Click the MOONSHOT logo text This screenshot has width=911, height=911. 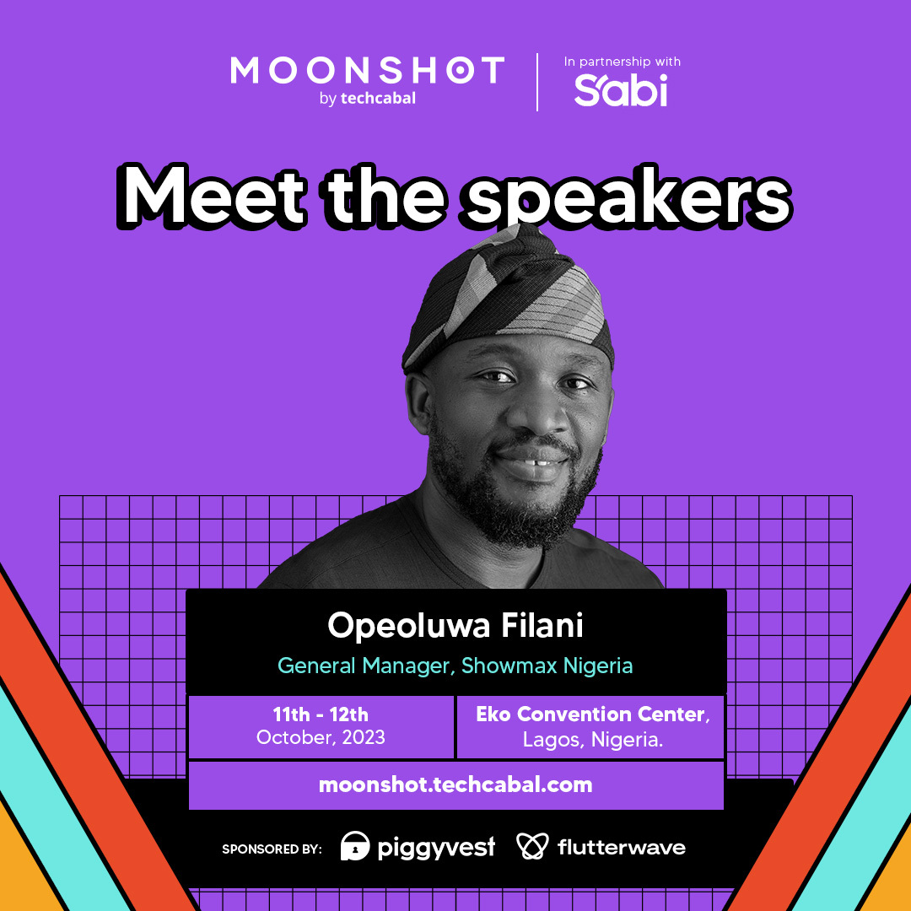coord(367,71)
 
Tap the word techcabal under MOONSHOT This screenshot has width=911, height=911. coord(378,99)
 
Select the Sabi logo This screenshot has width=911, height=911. coord(621,89)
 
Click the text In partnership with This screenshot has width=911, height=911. coord(622,62)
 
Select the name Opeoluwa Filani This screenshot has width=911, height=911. coord(455,626)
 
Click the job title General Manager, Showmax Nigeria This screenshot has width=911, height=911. coord(455,666)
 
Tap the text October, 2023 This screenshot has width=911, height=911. coord(321,737)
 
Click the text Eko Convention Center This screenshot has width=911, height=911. coord(590,714)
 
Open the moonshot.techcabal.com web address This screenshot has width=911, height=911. coord(455,784)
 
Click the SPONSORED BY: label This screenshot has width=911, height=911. coord(272,849)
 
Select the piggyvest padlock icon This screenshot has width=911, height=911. coord(355,846)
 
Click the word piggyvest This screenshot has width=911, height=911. coord(435,847)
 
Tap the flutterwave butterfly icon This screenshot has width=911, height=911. coord(533,846)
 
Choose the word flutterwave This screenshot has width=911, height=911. coord(622,847)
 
